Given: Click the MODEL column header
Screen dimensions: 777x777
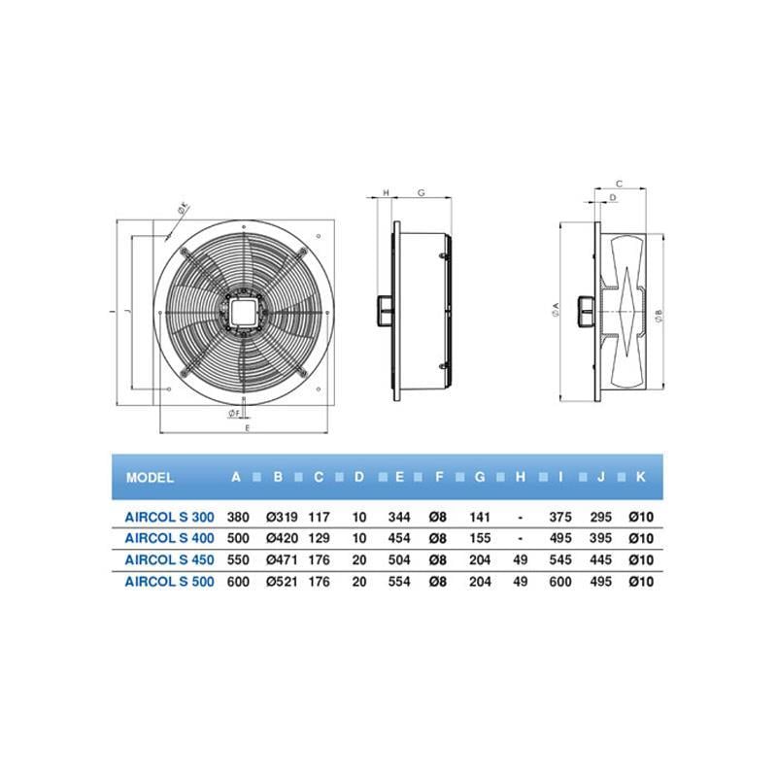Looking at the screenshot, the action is pos(150,478).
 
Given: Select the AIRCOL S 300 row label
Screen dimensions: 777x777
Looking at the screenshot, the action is pos(169,517).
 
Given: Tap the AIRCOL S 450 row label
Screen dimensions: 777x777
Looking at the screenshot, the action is pos(169,560).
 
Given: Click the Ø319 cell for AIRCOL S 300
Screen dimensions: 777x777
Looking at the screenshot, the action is pos(282,517).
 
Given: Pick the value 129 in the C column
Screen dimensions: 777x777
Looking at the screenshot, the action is pos(320,538).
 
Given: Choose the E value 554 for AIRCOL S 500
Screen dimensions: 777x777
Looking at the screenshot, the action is pos(399,581).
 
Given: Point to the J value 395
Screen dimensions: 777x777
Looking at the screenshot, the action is pos(600,538).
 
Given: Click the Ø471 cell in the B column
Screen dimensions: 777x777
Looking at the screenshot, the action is pos(282,560).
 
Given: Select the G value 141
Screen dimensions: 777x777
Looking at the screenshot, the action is pos(480,517).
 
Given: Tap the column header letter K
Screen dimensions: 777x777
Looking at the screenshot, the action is pos(641,477).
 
